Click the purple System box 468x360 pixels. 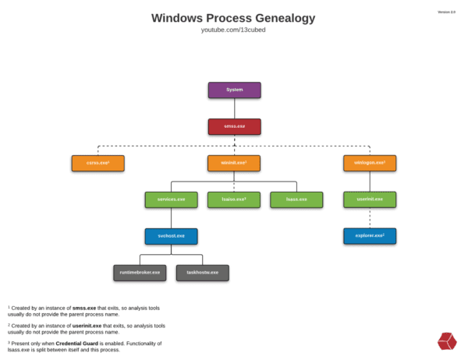click(x=234, y=90)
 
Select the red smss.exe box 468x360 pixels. click(x=234, y=126)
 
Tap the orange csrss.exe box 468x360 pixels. click(x=97, y=163)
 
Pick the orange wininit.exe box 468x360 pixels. click(x=234, y=163)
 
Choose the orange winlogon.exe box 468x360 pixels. click(x=370, y=163)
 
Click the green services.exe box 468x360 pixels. click(x=171, y=199)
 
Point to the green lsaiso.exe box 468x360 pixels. click(x=234, y=199)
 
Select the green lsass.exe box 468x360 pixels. click(x=296, y=199)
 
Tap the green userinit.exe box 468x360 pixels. click(x=370, y=199)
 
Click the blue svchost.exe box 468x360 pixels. click(x=171, y=235)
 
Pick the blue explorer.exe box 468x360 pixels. click(x=370, y=235)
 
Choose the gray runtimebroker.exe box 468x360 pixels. click(x=140, y=273)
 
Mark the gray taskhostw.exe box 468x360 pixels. click(x=203, y=273)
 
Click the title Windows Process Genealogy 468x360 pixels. click(x=234, y=18)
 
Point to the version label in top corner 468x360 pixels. click(x=447, y=12)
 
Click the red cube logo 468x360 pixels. click(x=447, y=341)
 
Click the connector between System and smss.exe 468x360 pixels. click(x=234, y=108)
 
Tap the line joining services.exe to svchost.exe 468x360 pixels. click(x=171, y=217)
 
